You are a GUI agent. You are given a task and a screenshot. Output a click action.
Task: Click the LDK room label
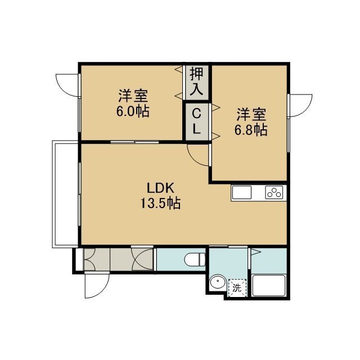(x=160, y=188)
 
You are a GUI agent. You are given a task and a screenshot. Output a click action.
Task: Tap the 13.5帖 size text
(x=160, y=203)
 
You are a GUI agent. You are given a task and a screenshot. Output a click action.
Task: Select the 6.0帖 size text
(x=133, y=111)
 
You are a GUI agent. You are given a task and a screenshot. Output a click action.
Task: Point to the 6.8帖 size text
(x=251, y=130)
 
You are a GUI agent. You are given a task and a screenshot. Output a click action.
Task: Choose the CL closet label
(x=196, y=121)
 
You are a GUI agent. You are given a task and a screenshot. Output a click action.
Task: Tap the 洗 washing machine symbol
(x=237, y=287)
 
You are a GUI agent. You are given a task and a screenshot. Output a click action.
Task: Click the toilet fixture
(x=195, y=259)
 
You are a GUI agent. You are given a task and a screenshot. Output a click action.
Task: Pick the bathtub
(x=269, y=285)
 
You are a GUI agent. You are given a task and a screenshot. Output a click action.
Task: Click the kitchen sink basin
(x=241, y=192)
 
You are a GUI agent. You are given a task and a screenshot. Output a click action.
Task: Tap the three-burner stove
(x=274, y=192)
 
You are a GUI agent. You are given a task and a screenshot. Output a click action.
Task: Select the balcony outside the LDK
(x=65, y=194)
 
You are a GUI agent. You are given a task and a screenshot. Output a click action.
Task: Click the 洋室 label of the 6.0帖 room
(x=133, y=96)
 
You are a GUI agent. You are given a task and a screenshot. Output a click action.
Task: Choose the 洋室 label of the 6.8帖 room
(x=251, y=114)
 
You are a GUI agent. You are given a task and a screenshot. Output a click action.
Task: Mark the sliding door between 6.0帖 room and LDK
(x=134, y=142)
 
